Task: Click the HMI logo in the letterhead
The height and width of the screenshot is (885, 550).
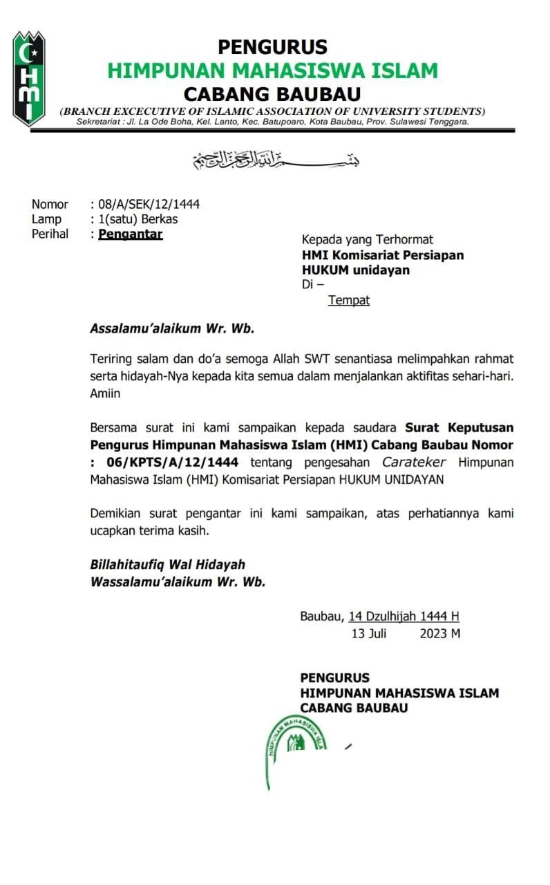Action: click(29, 78)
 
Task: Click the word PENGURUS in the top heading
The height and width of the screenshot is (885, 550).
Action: click(272, 47)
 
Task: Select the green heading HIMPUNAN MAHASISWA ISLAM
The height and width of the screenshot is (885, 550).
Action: click(272, 71)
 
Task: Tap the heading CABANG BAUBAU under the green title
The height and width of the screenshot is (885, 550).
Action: click(272, 93)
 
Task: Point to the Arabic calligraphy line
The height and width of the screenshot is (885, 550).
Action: click(276, 160)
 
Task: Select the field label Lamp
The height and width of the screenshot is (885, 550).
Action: click(46, 219)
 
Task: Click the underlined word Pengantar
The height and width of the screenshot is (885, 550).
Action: click(131, 234)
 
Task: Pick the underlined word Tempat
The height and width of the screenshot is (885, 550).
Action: click(349, 300)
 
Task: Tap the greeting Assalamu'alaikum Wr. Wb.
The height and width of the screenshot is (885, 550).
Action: click(172, 328)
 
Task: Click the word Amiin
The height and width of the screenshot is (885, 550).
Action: click(105, 393)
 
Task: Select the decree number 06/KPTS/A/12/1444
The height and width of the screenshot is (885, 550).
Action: click(169, 462)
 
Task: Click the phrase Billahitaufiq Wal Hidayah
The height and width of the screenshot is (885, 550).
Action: click(167, 565)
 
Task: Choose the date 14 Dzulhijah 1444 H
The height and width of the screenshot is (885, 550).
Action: click(404, 616)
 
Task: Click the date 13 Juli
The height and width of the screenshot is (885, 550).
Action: click(368, 633)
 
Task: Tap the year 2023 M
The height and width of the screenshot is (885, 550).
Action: click(439, 633)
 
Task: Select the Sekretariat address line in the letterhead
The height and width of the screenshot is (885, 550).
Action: click(272, 122)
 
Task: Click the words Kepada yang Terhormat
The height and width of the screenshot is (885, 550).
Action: click(367, 240)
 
